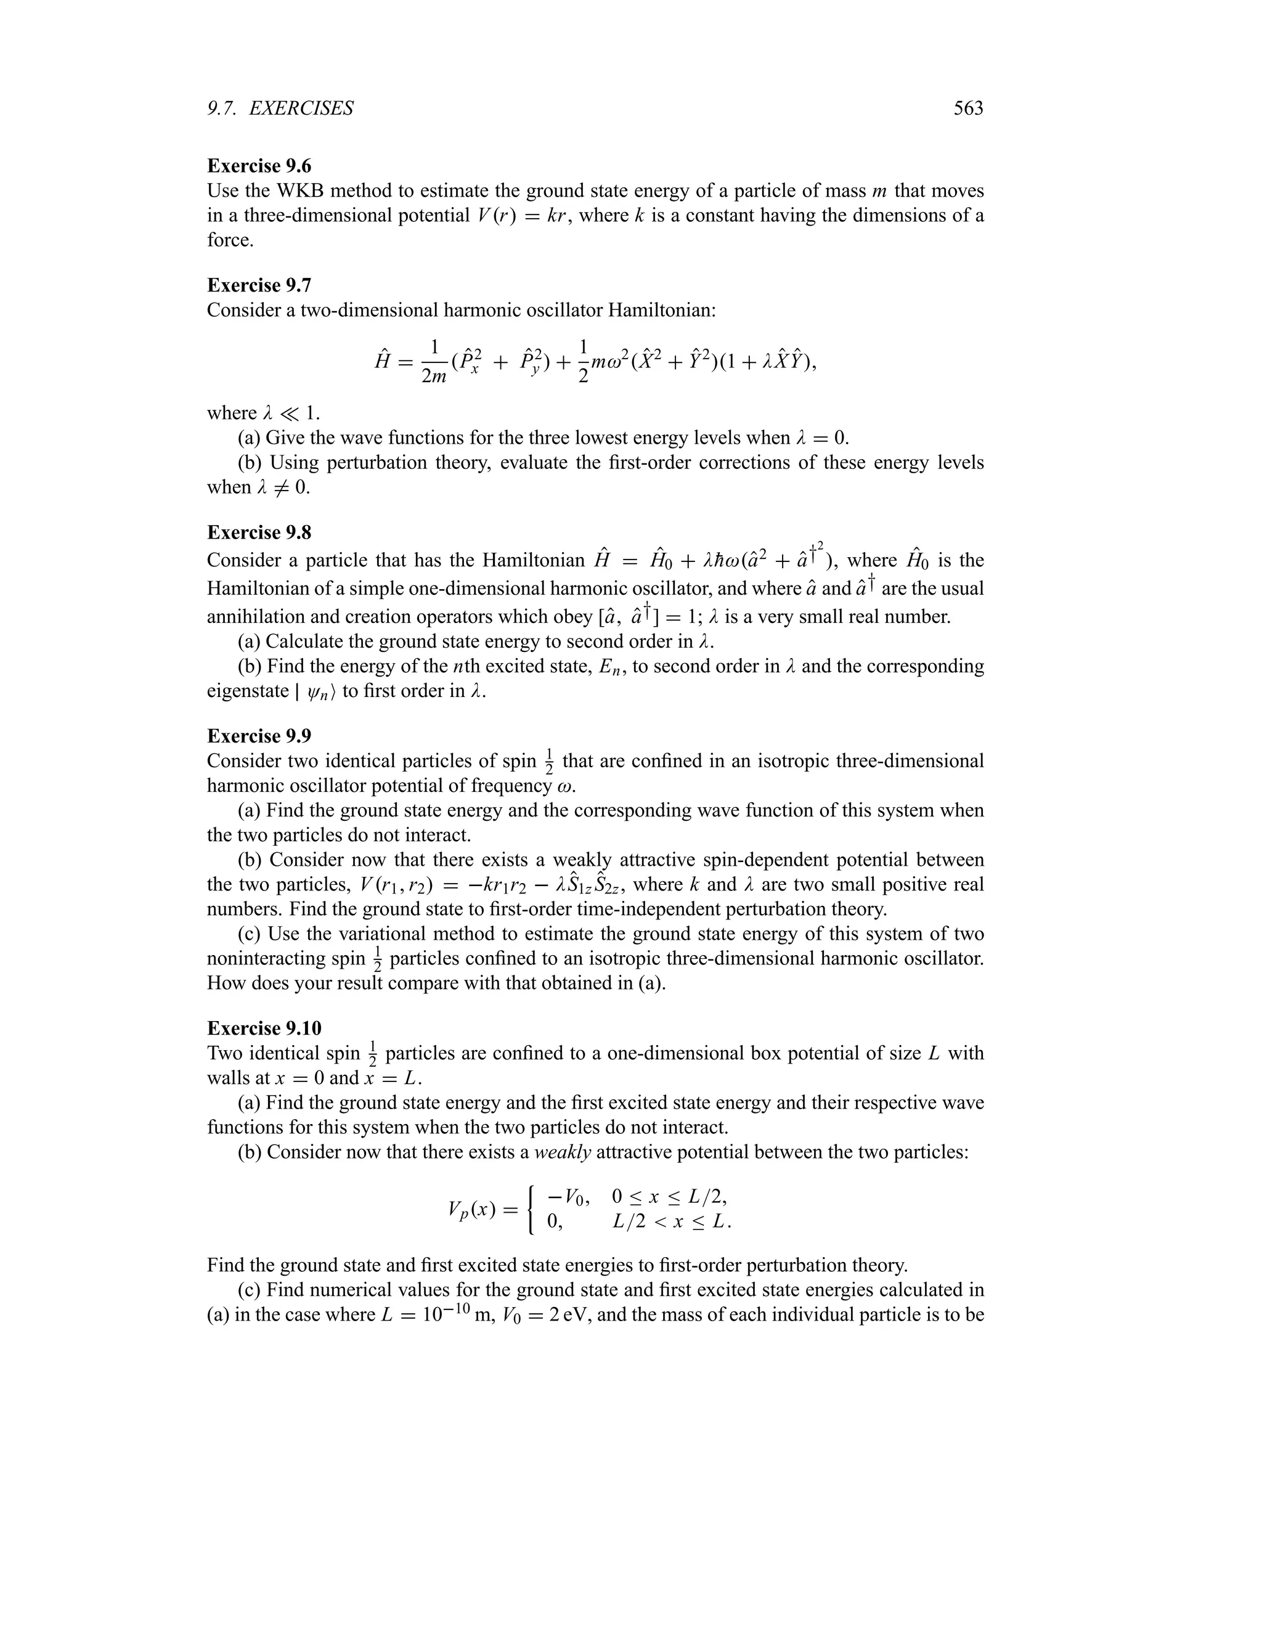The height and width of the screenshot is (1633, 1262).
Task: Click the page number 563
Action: pyautogui.click(x=968, y=109)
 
